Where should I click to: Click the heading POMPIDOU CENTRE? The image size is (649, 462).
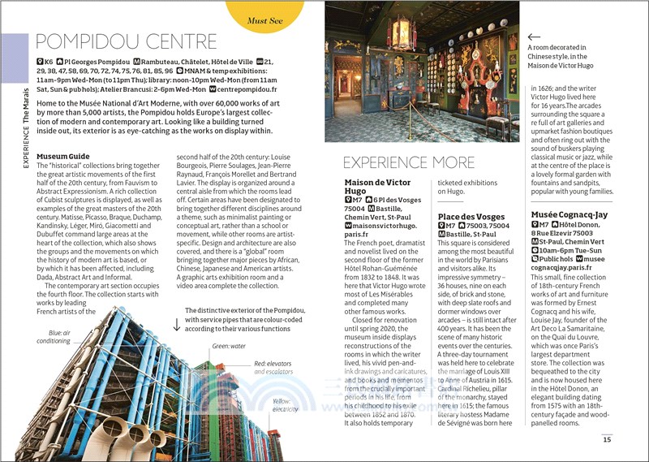point(127,41)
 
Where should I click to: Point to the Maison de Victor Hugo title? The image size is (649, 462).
point(377,188)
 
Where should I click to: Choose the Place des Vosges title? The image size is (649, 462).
point(471,217)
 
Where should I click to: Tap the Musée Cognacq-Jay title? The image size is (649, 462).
point(569,214)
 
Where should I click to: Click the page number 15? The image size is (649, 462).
point(607,439)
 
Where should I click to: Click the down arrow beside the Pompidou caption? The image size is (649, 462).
point(176,325)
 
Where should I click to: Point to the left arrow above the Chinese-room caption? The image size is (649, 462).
point(533,37)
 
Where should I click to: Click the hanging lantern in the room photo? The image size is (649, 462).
point(399,32)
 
